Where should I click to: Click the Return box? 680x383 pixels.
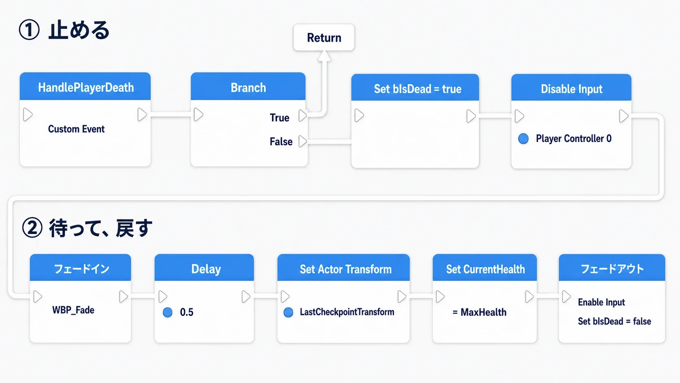pyautogui.click(x=324, y=37)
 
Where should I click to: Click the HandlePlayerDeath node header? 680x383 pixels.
pyautogui.click(x=85, y=87)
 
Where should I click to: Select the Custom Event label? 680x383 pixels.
pyautogui.click(x=76, y=129)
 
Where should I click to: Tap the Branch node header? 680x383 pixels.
pyautogui.click(x=248, y=87)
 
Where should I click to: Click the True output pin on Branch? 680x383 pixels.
pyautogui.click(x=303, y=116)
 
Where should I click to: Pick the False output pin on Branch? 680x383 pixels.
pyautogui.click(x=303, y=141)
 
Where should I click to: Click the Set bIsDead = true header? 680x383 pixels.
pyautogui.click(x=415, y=88)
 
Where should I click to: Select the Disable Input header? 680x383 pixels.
pyautogui.click(x=571, y=88)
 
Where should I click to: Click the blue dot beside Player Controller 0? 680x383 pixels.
pyautogui.click(x=523, y=138)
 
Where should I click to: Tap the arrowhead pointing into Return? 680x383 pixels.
pyautogui.click(x=324, y=56)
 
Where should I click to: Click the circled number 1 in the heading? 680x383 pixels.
pyautogui.click(x=29, y=30)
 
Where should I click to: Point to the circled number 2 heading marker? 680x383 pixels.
pyautogui.click(x=32, y=228)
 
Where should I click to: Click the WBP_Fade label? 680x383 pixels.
pyautogui.click(x=73, y=310)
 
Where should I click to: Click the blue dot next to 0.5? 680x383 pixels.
pyautogui.click(x=168, y=312)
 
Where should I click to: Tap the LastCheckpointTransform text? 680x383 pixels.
pyautogui.click(x=347, y=312)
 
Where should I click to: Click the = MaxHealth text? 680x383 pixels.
pyautogui.click(x=479, y=312)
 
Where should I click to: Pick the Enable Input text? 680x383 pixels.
pyautogui.click(x=602, y=302)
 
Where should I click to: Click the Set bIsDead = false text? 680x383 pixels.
pyautogui.click(x=615, y=322)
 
